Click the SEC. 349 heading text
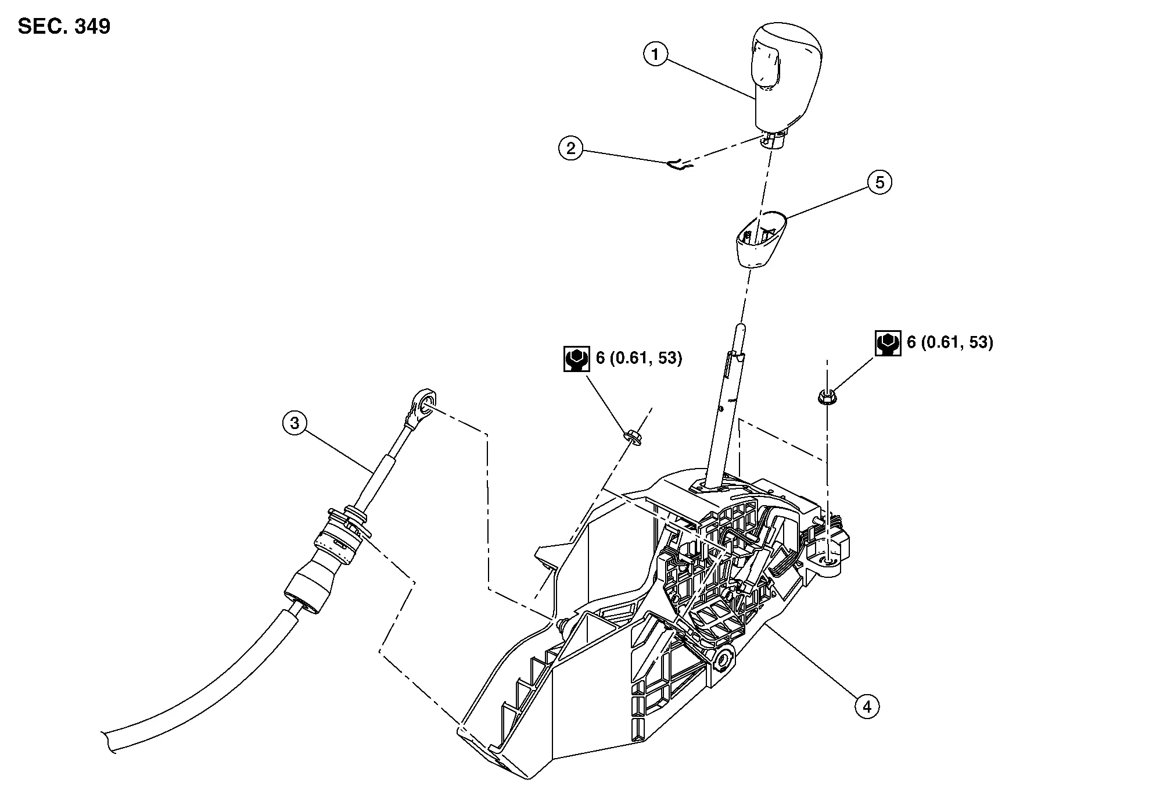(64, 27)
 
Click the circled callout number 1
(655, 55)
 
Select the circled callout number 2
(570, 149)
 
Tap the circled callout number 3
(295, 423)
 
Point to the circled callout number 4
(867, 707)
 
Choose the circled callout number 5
(879, 183)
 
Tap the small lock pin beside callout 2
(677, 166)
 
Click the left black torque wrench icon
(576, 359)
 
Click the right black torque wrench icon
(888, 343)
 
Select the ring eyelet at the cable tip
(424, 402)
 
